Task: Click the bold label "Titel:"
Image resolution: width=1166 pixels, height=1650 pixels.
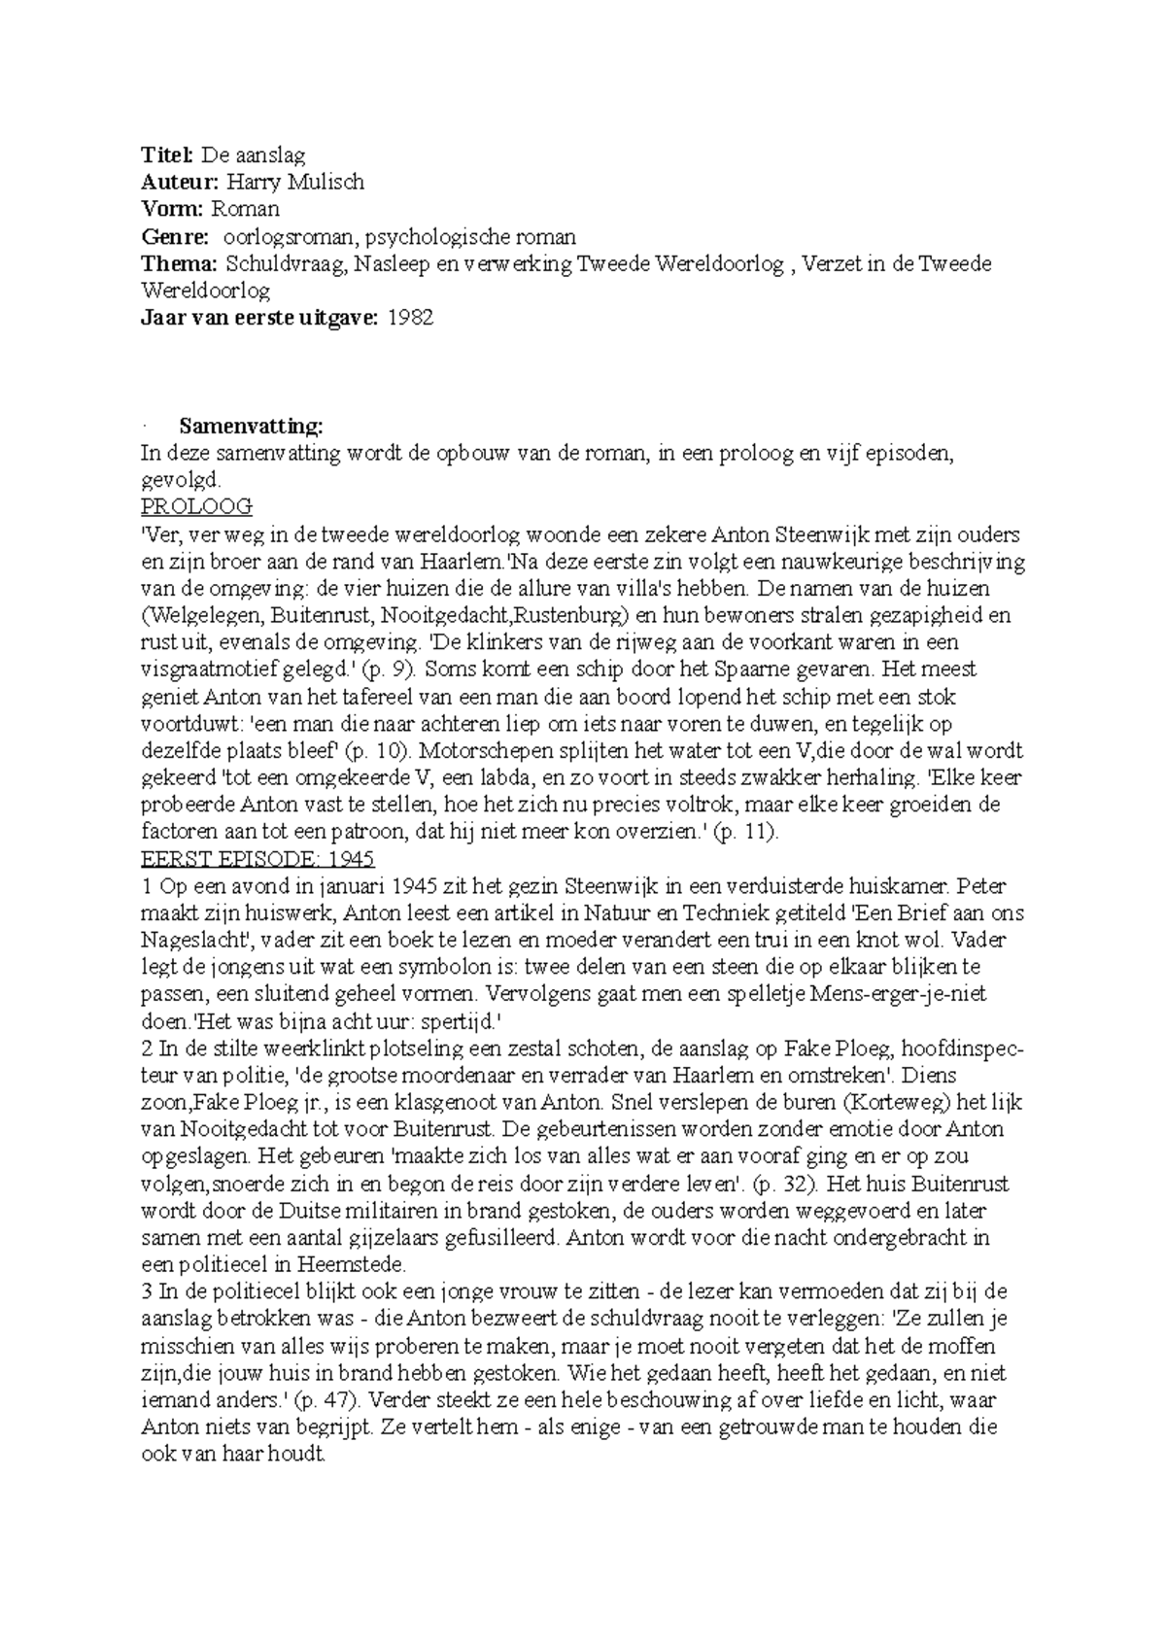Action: coord(168,155)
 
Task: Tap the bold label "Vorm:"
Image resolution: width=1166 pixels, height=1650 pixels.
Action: coord(171,209)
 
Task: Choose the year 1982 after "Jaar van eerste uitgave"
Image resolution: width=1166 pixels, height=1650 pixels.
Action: coord(410,318)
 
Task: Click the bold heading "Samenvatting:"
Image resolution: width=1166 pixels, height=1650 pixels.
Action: coord(251,426)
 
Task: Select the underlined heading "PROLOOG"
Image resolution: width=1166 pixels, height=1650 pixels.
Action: coord(197,506)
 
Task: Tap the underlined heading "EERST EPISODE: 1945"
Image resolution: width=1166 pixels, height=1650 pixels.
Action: coord(257,859)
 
